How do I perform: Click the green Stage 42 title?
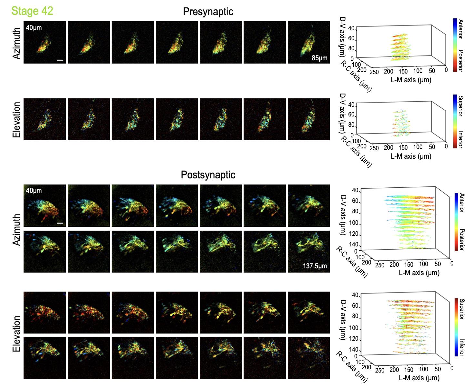coord(32,11)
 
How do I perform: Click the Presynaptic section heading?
coord(208,12)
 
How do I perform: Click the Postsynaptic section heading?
coord(208,175)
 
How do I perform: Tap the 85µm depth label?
coord(319,58)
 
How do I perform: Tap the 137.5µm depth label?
coord(315,266)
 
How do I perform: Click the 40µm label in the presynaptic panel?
coord(34,28)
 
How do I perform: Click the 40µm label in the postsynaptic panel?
coord(34,191)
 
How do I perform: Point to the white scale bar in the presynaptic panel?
coord(60,60)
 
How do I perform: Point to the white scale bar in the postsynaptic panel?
coord(60,223)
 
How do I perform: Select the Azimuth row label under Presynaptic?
coord(17,43)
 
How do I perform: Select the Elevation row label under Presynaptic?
coord(17,120)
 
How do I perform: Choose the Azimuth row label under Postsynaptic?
coord(17,229)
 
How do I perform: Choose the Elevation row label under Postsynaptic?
coord(17,334)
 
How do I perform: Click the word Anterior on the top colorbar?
coord(461,29)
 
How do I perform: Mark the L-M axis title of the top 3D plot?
coord(411,80)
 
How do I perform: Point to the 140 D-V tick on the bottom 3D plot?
coord(355,350)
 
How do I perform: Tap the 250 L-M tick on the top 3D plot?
coord(374,72)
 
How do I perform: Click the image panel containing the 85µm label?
coord(308,42)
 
